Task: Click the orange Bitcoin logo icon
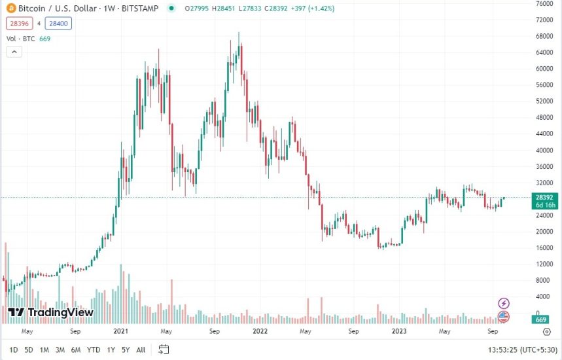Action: coord(10,9)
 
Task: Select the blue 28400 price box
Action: coord(59,24)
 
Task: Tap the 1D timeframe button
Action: coord(14,350)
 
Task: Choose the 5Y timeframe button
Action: coord(125,350)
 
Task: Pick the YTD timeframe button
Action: coord(93,350)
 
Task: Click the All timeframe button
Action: coord(141,350)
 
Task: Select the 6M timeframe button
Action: coord(76,350)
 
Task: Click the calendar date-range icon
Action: coord(164,349)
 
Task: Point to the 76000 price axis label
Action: coord(544,3)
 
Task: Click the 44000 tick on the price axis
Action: coord(544,134)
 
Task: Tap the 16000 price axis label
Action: coord(544,248)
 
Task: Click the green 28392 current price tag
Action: coord(544,197)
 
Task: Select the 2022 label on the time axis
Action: coord(260,331)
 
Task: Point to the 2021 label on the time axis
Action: coord(120,331)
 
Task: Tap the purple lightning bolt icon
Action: coord(504,303)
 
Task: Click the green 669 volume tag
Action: coord(541,319)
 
